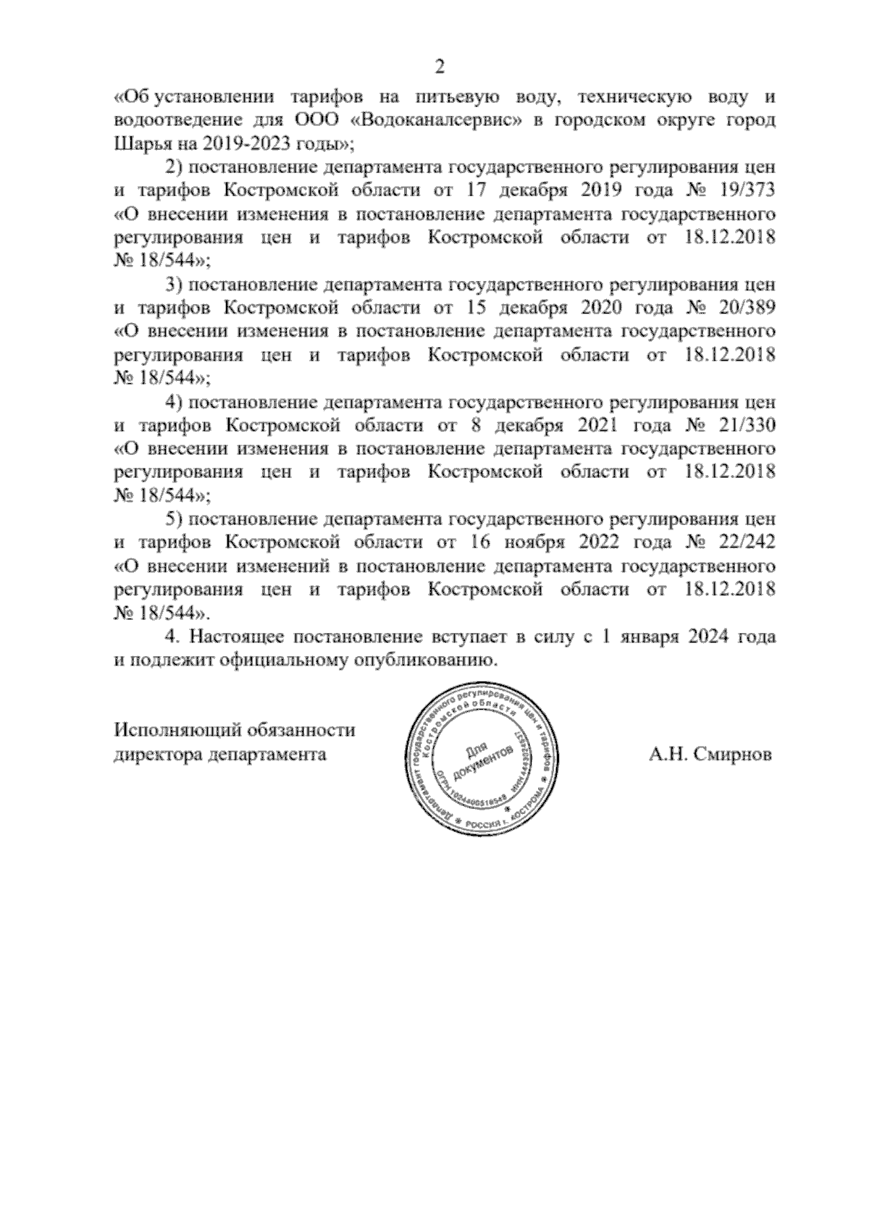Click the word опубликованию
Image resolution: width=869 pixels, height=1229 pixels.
click(x=425, y=660)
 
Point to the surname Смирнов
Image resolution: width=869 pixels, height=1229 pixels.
click(x=732, y=755)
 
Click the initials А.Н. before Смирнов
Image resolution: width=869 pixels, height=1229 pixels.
click(x=668, y=755)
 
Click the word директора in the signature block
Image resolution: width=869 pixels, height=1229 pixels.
click(x=156, y=755)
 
